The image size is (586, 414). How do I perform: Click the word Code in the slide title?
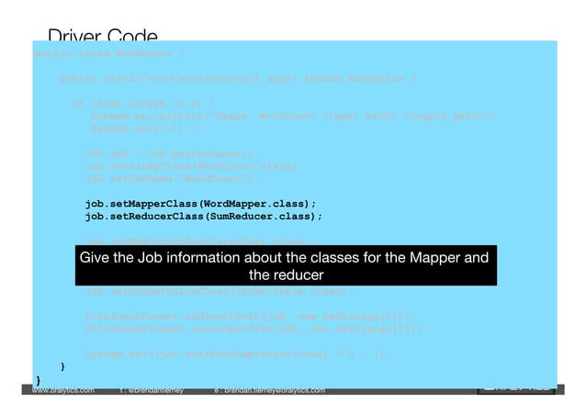[132, 37]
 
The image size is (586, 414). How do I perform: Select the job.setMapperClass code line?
[200, 203]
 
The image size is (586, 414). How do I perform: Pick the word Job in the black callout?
[153, 258]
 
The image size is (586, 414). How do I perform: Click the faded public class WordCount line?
[110, 54]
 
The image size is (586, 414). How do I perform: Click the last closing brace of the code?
[38, 378]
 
